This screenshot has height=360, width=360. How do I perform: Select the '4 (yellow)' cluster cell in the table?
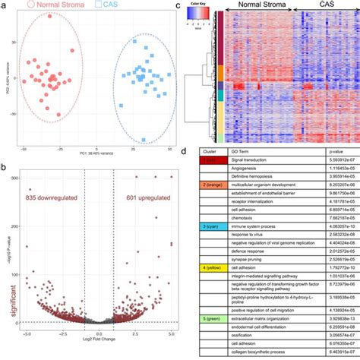click(x=207, y=289)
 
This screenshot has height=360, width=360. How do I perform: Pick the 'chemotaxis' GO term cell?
click(x=243, y=237)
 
